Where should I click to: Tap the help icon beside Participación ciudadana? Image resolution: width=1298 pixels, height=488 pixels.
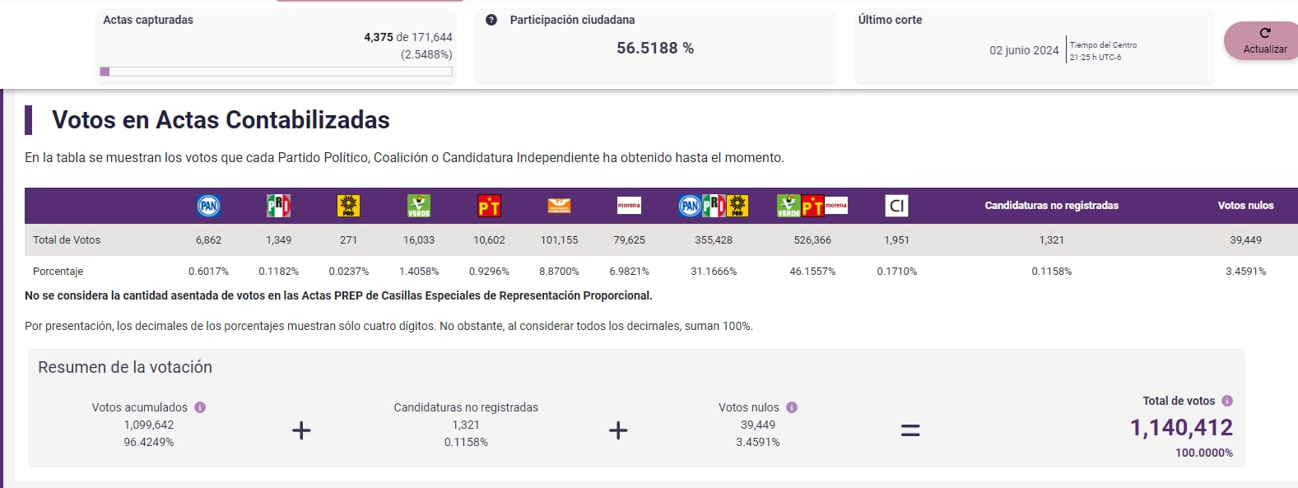[491, 20]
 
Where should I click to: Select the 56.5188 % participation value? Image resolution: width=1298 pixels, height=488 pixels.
[654, 49]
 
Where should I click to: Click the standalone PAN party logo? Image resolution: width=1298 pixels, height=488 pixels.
[208, 206]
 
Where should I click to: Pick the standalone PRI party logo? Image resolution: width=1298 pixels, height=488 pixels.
[278, 206]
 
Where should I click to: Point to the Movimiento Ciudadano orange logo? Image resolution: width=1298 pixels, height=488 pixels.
[559, 206]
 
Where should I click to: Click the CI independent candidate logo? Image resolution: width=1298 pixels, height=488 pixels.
[896, 206]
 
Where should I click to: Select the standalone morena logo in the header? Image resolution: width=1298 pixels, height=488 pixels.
[629, 206]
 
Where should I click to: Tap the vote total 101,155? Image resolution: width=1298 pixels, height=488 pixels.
[559, 240]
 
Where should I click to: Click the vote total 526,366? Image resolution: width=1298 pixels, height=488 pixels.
[812, 240]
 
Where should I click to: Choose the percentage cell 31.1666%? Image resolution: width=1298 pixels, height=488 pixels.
[714, 272]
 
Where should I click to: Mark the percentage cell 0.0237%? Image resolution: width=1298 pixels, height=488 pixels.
[348, 272]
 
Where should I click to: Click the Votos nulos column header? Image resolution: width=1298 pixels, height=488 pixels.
[1245, 206]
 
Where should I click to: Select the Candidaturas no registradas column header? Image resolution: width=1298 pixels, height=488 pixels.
[1051, 206]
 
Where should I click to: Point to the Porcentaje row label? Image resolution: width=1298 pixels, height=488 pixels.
[58, 272]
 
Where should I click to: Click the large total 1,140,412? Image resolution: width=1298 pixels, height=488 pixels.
[1181, 428]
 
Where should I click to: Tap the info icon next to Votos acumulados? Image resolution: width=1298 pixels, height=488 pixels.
[200, 407]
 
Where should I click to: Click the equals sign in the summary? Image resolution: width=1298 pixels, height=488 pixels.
[910, 430]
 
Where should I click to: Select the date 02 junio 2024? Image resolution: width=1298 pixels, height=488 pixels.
[1024, 50]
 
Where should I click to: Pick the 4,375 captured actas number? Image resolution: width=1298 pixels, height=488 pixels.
[378, 37]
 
